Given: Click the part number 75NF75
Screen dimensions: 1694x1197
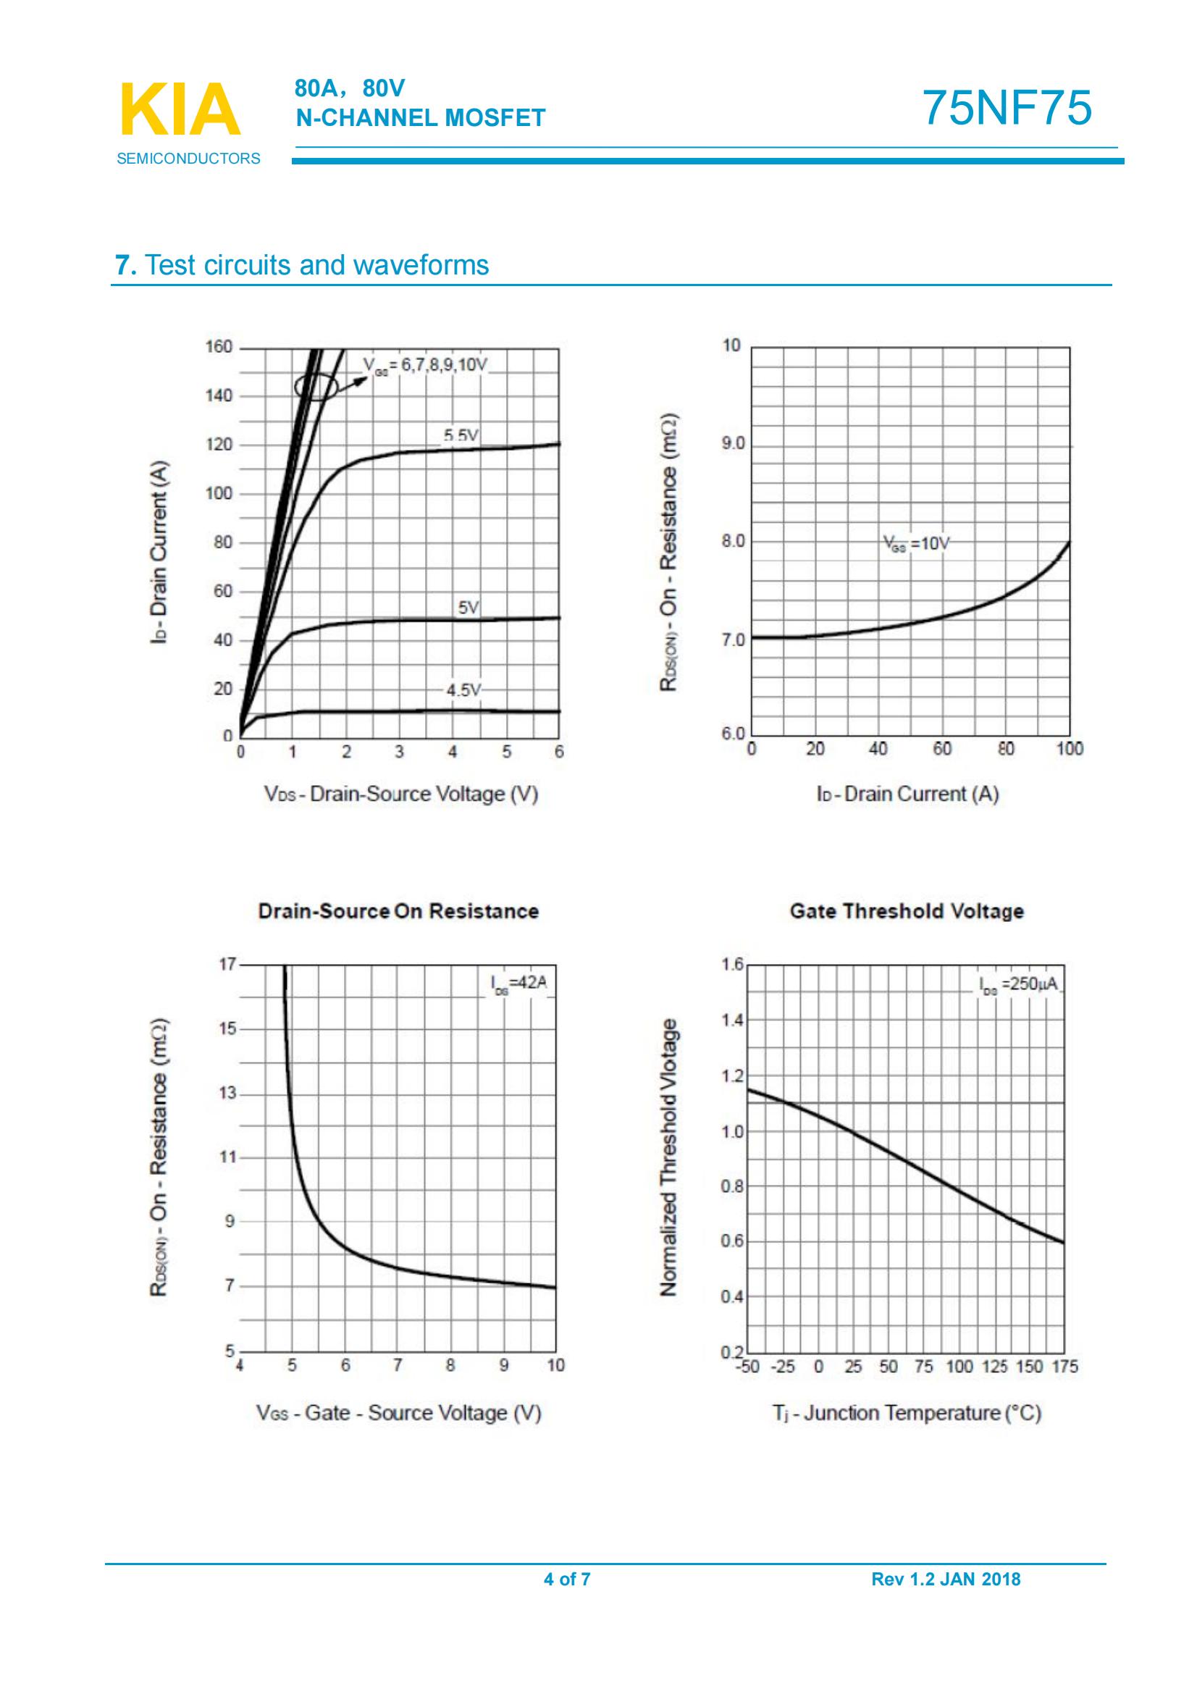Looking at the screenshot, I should (x=1007, y=108).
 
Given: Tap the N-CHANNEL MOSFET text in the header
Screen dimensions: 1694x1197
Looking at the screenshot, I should (x=421, y=118).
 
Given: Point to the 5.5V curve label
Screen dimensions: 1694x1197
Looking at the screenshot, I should (x=461, y=436).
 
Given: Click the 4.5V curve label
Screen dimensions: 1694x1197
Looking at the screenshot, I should (x=463, y=691).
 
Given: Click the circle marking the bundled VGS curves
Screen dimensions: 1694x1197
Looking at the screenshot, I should (x=316, y=386).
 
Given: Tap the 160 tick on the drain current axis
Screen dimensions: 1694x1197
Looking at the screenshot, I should (x=218, y=347).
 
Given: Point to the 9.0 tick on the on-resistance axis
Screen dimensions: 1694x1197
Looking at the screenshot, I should (x=734, y=444).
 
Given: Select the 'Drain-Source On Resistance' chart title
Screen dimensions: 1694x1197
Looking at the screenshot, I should (x=398, y=911).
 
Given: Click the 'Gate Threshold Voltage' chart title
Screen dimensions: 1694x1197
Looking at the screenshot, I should (x=907, y=911).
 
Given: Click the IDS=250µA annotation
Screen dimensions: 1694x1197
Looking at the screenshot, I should (x=1018, y=984).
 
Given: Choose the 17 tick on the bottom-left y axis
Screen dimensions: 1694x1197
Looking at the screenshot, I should (x=227, y=964).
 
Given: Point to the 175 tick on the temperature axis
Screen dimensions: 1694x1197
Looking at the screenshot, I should (x=1065, y=1367).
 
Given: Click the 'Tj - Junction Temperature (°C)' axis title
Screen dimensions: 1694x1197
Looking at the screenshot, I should (x=907, y=1414).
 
